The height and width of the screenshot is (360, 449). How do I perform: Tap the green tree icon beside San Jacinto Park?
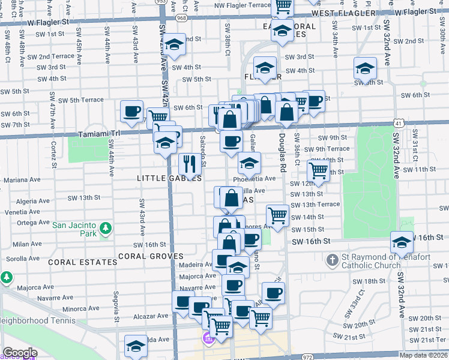click(106, 229)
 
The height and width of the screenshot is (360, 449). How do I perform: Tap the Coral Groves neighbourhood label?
click(150, 256)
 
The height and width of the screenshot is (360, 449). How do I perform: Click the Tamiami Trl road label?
click(96, 134)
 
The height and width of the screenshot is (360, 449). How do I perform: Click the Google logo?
click(19, 353)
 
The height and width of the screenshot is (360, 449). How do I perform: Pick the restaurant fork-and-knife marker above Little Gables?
click(190, 163)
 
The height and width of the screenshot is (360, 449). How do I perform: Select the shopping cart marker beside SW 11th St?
click(318, 172)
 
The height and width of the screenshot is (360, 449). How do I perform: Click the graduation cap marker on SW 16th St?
click(402, 242)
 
